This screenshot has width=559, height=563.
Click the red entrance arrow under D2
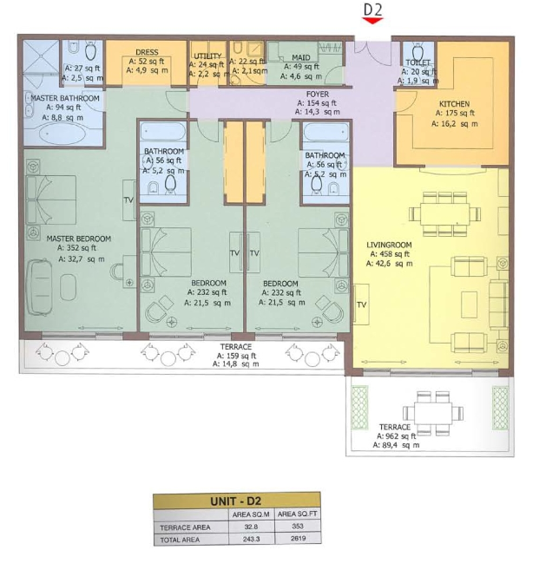pyautogui.click(x=372, y=21)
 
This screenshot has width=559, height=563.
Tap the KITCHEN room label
pyautogui.click(x=454, y=104)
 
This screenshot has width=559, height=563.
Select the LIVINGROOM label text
pyautogui.click(x=389, y=245)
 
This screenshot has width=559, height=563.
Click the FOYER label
pyautogui.click(x=318, y=94)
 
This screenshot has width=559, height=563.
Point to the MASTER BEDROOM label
pyautogui.click(x=79, y=239)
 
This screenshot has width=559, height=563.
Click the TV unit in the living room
pyautogui.click(x=361, y=304)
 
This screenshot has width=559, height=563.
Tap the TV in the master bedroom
pyautogui.click(x=129, y=200)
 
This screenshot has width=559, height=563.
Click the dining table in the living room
pyautogui.click(x=444, y=214)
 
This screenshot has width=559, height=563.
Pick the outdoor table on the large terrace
pyautogui.click(x=433, y=414)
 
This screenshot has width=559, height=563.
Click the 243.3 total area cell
pyautogui.click(x=251, y=540)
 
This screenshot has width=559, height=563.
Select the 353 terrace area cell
pyautogui.click(x=298, y=526)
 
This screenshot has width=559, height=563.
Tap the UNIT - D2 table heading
pyautogui.click(x=236, y=501)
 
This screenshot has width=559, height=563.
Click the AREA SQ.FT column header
pyautogui.click(x=298, y=514)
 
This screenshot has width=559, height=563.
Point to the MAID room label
pyautogui.click(x=301, y=57)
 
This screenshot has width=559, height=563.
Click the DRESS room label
pyautogui.click(x=147, y=52)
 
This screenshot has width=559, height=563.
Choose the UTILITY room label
pyautogui.click(x=207, y=56)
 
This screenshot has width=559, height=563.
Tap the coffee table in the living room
pyautogui.click(x=470, y=304)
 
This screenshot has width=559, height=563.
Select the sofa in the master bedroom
pyautogui.click(x=39, y=287)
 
